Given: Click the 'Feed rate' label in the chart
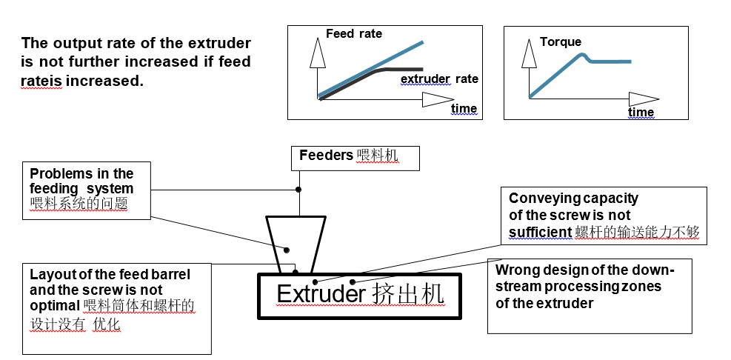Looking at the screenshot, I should (x=353, y=34).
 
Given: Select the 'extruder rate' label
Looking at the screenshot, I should (x=439, y=79).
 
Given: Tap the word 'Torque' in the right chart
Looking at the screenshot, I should (x=560, y=42).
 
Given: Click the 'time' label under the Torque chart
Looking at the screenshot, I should (x=641, y=112).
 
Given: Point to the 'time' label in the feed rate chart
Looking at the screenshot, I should (x=464, y=109).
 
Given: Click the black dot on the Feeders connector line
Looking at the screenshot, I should (x=298, y=190).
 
